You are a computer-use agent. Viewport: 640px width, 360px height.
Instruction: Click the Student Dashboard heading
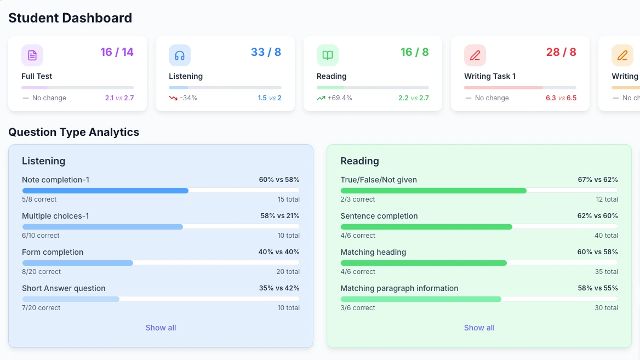pyautogui.click(x=70, y=18)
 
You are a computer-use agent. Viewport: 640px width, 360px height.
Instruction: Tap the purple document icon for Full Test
pyautogui.click(x=32, y=55)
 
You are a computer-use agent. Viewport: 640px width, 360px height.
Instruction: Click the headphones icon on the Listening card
pyautogui.click(x=180, y=55)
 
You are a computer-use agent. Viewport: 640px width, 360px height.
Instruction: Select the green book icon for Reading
pyautogui.click(x=328, y=55)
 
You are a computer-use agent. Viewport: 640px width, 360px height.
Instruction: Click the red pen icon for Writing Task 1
pyautogui.click(x=475, y=55)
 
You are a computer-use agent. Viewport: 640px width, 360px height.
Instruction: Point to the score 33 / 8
pyautogui.click(x=266, y=52)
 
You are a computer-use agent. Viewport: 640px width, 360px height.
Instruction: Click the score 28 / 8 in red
pyautogui.click(x=561, y=52)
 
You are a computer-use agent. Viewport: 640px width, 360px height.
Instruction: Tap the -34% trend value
pyautogui.click(x=188, y=98)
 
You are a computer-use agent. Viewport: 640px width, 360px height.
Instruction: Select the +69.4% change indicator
pyautogui.click(x=339, y=98)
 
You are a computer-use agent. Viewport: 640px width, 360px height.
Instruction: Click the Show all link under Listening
pyautogui.click(x=161, y=328)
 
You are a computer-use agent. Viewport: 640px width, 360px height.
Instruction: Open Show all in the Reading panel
pyautogui.click(x=479, y=328)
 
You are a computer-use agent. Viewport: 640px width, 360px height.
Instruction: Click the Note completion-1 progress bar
pyautogui.click(x=161, y=191)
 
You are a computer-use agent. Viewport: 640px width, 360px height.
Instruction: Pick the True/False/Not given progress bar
pyautogui.click(x=479, y=191)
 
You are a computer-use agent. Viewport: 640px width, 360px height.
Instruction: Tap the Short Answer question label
pyautogui.click(x=64, y=288)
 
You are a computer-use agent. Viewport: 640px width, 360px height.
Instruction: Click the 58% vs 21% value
pyautogui.click(x=279, y=216)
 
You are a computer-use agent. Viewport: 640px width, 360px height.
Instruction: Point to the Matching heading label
pyautogui.click(x=373, y=252)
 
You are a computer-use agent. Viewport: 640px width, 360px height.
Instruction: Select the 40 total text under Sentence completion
pyautogui.click(x=606, y=236)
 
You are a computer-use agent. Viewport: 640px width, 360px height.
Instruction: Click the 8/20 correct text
pyautogui.click(x=41, y=272)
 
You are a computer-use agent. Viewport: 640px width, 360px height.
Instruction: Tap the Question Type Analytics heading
pyautogui.click(x=74, y=132)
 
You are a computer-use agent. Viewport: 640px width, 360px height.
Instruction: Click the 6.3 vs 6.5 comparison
pyautogui.click(x=561, y=98)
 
